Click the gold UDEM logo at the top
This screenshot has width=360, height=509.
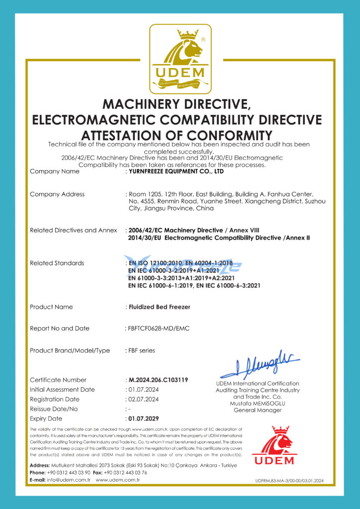click(x=180, y=59)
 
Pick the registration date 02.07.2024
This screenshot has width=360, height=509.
click(x=144, y=399)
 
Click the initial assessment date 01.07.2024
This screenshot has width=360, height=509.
click(x=144, y=389)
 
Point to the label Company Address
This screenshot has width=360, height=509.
click(x=57, y=194)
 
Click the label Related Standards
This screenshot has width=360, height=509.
click(x=57, y=263)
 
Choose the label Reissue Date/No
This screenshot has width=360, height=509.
click(x=54, y=409)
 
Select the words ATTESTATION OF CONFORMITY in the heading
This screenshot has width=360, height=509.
click(x=177, y=135)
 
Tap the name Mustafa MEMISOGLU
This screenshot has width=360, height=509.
click(x=258, y=404)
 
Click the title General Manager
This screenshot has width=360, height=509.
click(x=258, y=410)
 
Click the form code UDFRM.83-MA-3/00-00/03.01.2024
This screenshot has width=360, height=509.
click(x=289, y=481)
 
